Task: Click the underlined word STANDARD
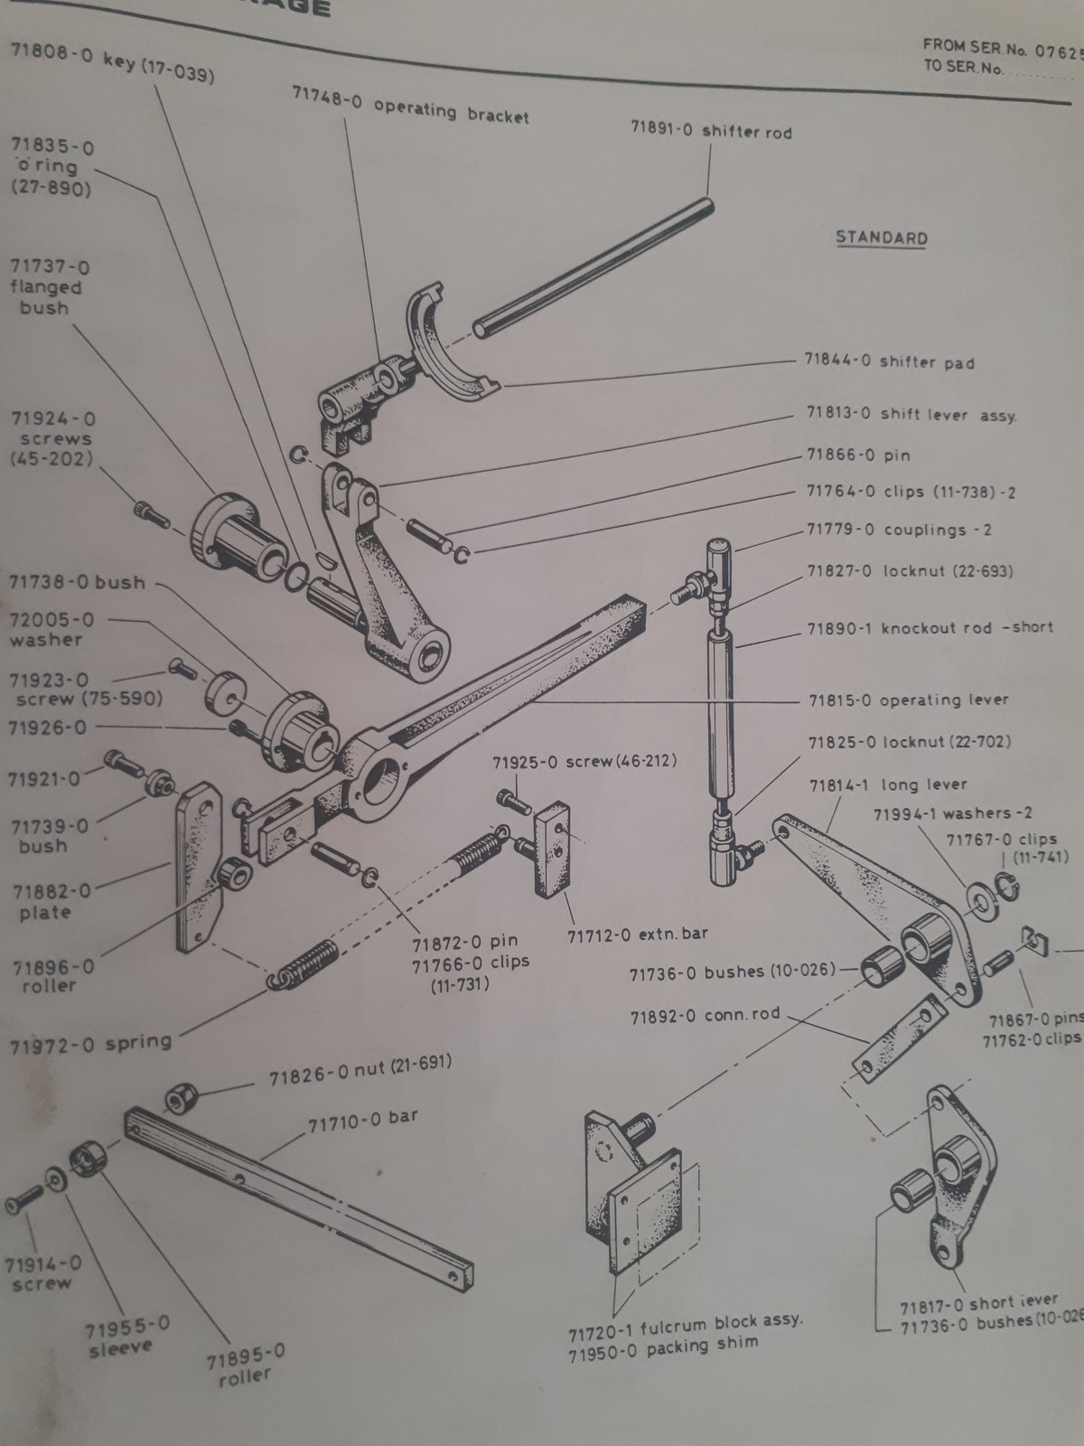(x=881, y=238)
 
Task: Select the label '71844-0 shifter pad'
(x=889, y=361)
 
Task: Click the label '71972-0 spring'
(x=90, y=1044)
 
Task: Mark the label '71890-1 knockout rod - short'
(x=930, y=626)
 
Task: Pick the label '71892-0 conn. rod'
(x=705, y=1015)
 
